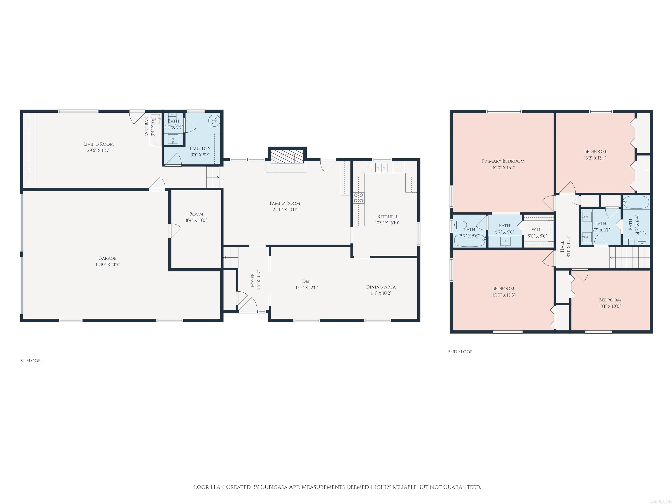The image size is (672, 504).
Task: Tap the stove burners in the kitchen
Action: click(x=359, y=198)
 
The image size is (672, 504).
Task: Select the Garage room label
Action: click(x=107, y=258)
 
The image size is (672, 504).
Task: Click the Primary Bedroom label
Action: click(x=503, y=161)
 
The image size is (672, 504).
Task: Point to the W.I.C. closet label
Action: click(x=537, y=229)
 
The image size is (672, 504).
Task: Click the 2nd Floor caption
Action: click(x=460, y=352)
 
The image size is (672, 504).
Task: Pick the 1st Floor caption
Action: click(x=30, y=360)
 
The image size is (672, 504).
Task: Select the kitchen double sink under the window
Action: click(x=381, y=167)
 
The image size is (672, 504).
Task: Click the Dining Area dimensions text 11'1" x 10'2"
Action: click(x=381, y=293)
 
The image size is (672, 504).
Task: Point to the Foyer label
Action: click(x=252, y=280)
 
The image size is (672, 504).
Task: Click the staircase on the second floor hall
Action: click(x=629, y=258)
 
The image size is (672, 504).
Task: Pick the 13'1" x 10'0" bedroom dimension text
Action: click(x=610, y=306)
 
